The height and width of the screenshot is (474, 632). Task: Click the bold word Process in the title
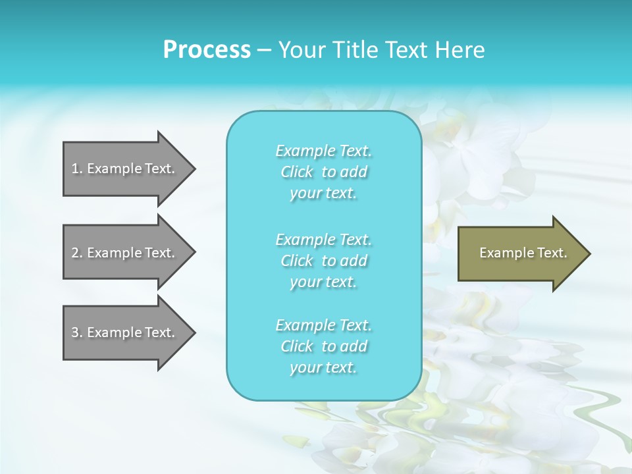pos(207,50)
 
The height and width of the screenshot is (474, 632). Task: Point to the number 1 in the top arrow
pos(75,169)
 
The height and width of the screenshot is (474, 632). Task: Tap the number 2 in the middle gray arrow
pos(75,253)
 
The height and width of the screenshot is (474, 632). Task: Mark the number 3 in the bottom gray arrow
pos(75,332)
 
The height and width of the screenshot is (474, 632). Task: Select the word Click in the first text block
pos(297,172)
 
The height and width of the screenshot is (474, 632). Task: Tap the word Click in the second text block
pos(297,261)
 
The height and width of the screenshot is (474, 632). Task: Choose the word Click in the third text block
pos(297,346)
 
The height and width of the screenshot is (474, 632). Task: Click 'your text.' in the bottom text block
pos(323,367)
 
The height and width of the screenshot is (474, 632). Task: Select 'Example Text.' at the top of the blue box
pos(323,151)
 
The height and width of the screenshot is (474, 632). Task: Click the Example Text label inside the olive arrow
pos(523,253)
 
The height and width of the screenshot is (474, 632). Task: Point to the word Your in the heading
pos(300,50)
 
